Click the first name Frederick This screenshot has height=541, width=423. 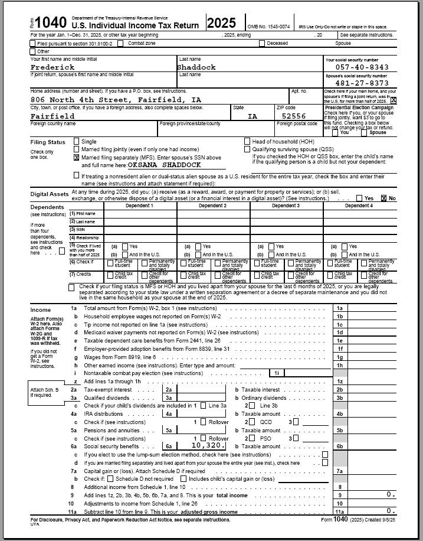coord(53,67)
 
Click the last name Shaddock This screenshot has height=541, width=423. coord(197,67)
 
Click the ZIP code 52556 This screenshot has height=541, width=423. coord(294,116)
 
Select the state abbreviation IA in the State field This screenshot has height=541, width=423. coord(253,116)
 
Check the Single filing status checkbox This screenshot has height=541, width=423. coord(76,142)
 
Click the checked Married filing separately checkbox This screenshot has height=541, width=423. coord(76,158)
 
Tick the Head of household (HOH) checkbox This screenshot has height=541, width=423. coord(247,142)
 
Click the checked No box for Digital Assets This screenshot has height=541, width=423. coord(384,198)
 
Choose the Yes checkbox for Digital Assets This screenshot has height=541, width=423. coord(360,198)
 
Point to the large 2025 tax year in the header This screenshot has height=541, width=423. coord(221,23)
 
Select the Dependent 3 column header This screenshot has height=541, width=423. coord(286,206)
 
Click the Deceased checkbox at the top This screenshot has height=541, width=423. coord(263,43)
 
